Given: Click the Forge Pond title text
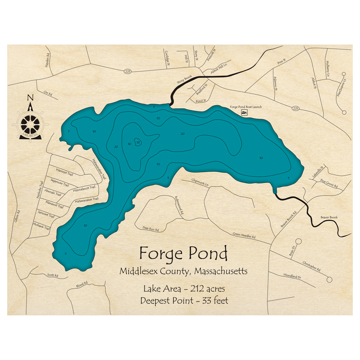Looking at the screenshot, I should (x=183, y=254).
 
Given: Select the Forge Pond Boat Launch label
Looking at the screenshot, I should (x=246, y=107).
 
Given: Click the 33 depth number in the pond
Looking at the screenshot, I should (x=138, y=142).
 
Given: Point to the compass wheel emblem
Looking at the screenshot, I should (x=30, y=124).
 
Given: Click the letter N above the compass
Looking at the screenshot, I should (x=30, y=98).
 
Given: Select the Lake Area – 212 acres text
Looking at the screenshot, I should (x=184, y=289).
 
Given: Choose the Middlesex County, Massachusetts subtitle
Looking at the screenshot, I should (x=183, y=271).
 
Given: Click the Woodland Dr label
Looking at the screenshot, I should (x=292, y=276).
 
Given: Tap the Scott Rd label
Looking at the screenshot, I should (x=53, y=275).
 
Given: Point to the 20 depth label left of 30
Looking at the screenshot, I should (x=116, y=147).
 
